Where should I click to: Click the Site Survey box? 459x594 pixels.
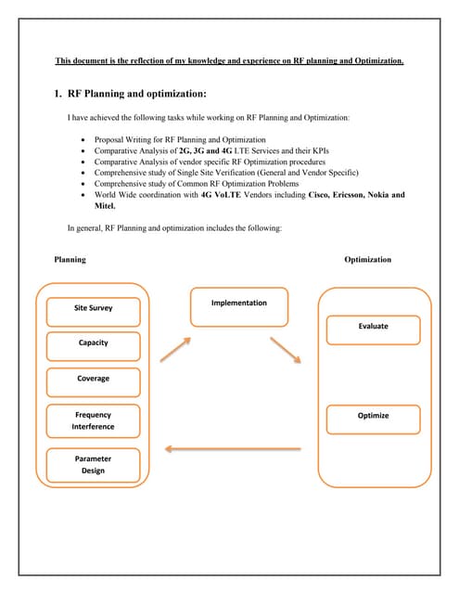coord(93,308)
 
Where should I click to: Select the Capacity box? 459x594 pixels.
coord(93,343)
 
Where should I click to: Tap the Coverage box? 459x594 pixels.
coord(93,380)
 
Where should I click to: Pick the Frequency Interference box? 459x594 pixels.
coord(93,421)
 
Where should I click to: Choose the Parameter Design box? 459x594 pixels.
coord(93,465)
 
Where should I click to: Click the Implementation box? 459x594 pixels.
coord(238,306)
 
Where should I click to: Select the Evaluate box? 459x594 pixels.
coord(373,328)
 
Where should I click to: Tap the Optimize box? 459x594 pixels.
coord(373,417)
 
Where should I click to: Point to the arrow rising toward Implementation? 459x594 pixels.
coord(174,349)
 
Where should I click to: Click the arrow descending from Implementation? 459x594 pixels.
coord(286,351)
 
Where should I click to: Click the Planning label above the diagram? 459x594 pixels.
coord(70,260)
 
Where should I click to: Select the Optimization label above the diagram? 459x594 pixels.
coord(367,260)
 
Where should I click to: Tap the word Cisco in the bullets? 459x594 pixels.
coord(308,196)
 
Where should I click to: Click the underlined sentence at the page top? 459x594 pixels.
coord(229,61)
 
